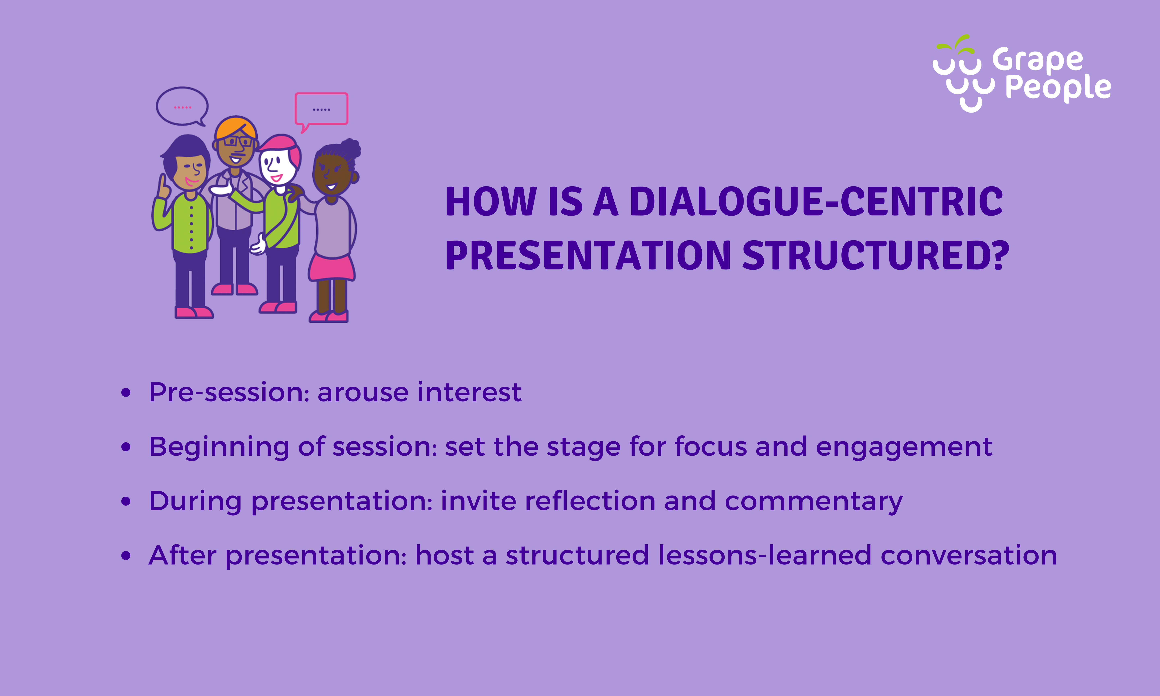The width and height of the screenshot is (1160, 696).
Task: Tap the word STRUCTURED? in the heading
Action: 876,256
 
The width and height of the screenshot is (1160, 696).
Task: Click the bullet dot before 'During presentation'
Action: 126,501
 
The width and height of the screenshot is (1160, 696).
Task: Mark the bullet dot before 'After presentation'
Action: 126,556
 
